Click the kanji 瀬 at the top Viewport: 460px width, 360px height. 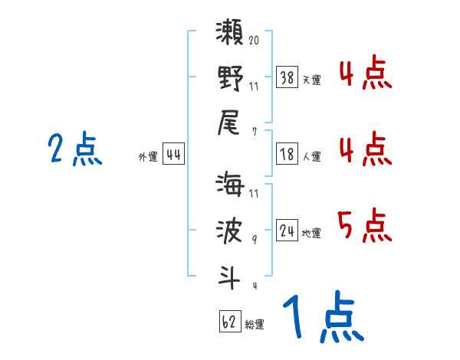pyautogui.click(x=230, y=35)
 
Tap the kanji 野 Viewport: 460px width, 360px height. pyautogui.click(x=230, y=79)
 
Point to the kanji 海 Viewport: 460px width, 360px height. pyautogui.click(x=230, y=187)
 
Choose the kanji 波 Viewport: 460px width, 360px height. pyautogui.click(x=230, y=231)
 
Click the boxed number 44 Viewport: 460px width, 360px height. pyautogui.click(x=173, y=155)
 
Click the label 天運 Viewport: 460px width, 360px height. pyautogui.click(x=311, y=80)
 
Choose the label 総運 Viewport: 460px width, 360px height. pyautogui.click(x=255, y=324)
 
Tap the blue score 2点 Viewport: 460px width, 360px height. pyautogui.click(x=74, y=149)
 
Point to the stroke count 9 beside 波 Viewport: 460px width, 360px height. pyautogui.click(x=255, y=239)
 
